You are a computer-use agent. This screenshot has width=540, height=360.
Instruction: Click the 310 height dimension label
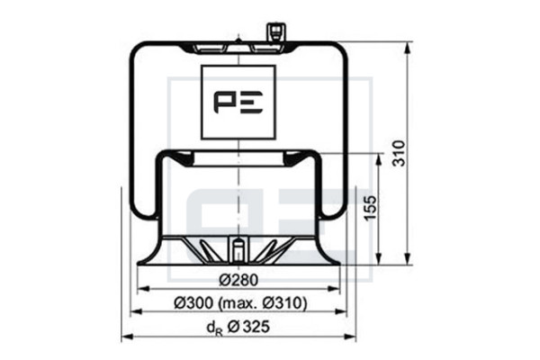click(x=399, y=153)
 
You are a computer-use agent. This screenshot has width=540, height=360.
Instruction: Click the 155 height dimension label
click(x=371, y=208)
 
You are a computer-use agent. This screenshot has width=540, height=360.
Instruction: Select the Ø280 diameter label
click(x=238, y=280)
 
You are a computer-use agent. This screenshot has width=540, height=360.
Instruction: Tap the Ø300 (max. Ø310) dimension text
click(x=240, y=303)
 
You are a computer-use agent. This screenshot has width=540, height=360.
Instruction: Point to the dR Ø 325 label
click(x=238, y=328)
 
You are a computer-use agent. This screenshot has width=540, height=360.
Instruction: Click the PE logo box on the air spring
click(x=238, y=103)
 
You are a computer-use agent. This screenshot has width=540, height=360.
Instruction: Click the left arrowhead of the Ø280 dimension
click(x=143, y=289)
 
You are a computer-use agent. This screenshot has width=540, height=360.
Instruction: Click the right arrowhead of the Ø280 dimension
click(x=334, y=289)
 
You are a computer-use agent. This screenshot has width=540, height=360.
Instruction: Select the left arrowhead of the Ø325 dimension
click(x=128, y=336)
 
